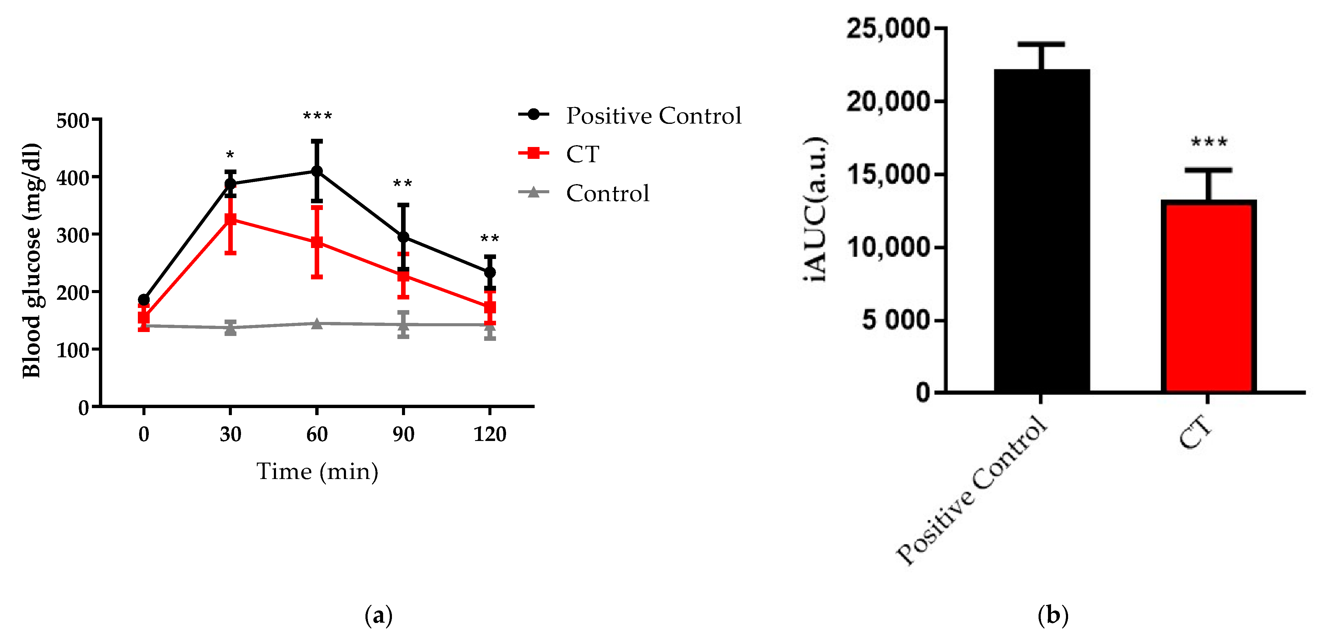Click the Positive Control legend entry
coord(630,115)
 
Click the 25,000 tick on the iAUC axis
coord(888,28)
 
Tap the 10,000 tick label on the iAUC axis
coord(888,248)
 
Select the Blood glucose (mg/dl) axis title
coord(32,261)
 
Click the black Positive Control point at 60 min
coord(317,171)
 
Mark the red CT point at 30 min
coord(230,219)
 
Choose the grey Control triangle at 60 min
coord(317,323)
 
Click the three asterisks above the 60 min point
coord(317,116)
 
